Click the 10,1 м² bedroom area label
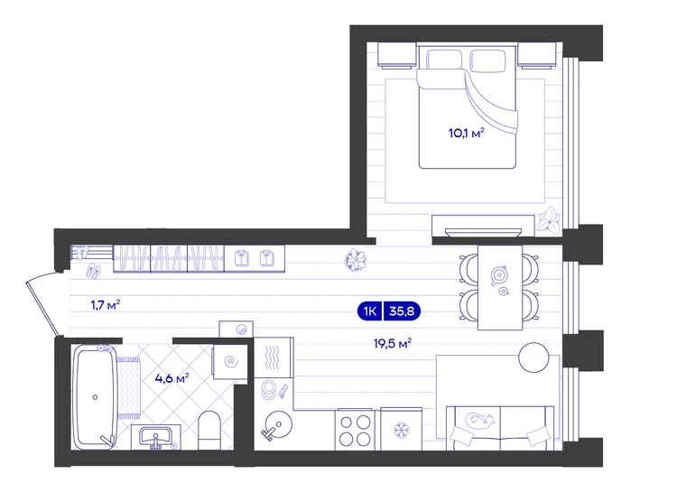[x=467, y=133]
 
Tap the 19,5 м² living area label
[x=392, y=343]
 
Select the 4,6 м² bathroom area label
[x=172, y=379]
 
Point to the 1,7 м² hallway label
[x=105, y=305]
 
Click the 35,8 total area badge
[x=402, y=311]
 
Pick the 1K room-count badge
[x=370, y=311]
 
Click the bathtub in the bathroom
[x=95, y=397]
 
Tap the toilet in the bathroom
[x=209, y=430]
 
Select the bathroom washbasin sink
[x=156, y=437]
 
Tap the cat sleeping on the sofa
[x=479, y=420]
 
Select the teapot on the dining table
[x=499, y=275]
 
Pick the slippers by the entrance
[x=94, y=271]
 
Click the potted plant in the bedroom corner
[x=548, y=220]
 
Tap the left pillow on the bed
[x=444, y=60]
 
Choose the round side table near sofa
[x=533, y=357]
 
